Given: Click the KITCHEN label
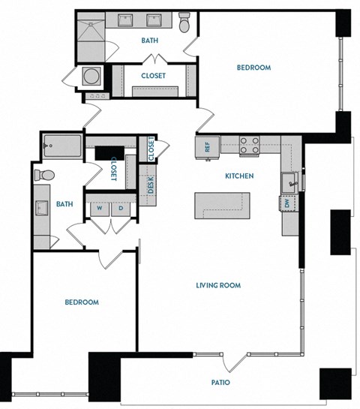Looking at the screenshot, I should (x=239, y=176).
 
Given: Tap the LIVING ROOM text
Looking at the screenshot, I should (x=217, y=285).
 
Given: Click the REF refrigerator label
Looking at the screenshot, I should (x=207, y=146).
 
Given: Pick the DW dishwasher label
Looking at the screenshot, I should (x=287, y=203).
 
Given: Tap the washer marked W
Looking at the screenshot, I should (x=97, y=209).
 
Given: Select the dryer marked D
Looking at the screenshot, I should (x=121, y=209).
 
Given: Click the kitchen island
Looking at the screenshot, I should (x=221, y=204).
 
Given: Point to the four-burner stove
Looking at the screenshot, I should (x=249, y=144).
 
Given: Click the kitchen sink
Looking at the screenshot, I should (x=290, y=180).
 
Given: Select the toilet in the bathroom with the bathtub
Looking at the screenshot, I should (x=43, y=176).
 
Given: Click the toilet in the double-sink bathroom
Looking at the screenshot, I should (x=184, y=24).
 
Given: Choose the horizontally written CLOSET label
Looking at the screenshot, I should (x=154, y=76).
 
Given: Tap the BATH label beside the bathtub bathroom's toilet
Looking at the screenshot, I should (x=64, y=203).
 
